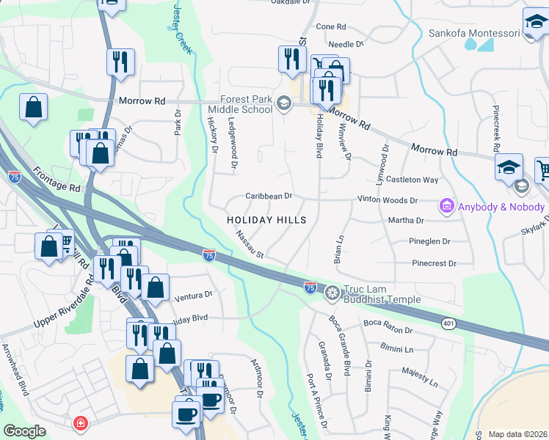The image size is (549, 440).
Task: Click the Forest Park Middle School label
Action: point(245,105)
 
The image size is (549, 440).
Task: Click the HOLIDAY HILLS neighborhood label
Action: point(266,220)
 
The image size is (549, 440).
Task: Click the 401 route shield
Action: point(448,323)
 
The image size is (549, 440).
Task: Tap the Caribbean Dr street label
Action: point(269,196)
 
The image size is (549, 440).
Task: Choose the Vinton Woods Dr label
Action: point(387,199)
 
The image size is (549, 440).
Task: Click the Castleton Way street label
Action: point(412,180)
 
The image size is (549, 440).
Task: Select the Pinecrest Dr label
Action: point(434,263)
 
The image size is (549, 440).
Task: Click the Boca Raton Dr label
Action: point(389,323)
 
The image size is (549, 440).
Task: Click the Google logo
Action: point(24,431)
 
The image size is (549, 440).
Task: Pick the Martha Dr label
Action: point(410,220)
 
